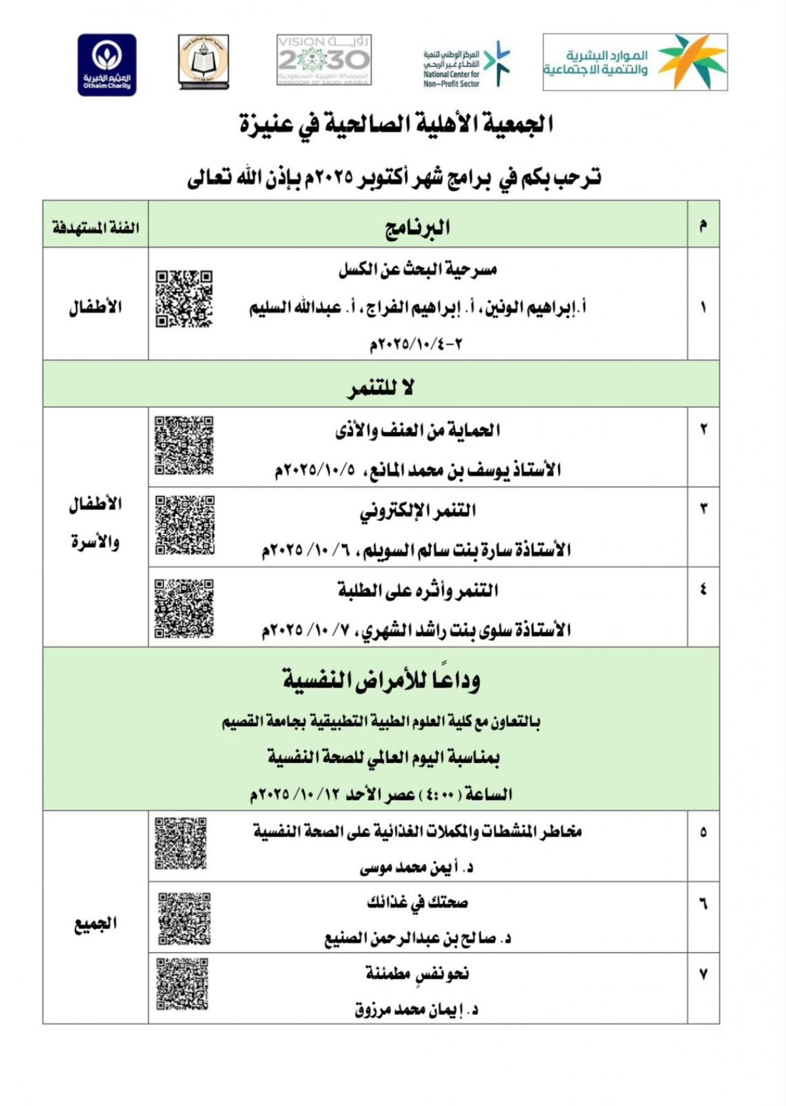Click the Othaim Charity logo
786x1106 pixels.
pyautogui.click(x=107, y=65)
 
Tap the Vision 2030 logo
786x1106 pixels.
pyautogui.click(x=324, y=60)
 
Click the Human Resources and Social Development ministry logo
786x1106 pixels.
pyautogui.click(x=635, y=62)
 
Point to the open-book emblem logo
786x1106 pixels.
pyautogui.click(x=204, y=63)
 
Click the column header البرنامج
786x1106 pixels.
pyautogui.click(x=417, y=227)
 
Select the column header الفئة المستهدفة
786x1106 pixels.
pyautogui.click(x=96, y=227)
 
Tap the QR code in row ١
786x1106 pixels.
pyautogui.click(x=184, y=299)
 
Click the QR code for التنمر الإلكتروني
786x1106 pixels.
pyautogui.click(x=185, y=526)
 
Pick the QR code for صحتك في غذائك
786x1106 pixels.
pyautogui.click(x=185, y=918)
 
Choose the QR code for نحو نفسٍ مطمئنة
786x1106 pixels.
pyautogui.click(x=183, y=984)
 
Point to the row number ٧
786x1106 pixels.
pyautogui.click(x=703, y=974)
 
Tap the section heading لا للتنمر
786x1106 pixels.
pyautogui.click(x=381, y=388)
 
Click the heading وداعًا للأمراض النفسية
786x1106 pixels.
pyautogui.click(x=381, y=680)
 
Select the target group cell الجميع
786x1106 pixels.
pyautogui.click(x=96, y=924)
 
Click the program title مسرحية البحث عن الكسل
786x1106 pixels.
pyautogui.click(x=417, y=269)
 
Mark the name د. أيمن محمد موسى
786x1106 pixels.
pyautogui.click(x=417, y=868)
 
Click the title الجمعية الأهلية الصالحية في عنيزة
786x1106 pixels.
pyautogui.click(x=397, y=124)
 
